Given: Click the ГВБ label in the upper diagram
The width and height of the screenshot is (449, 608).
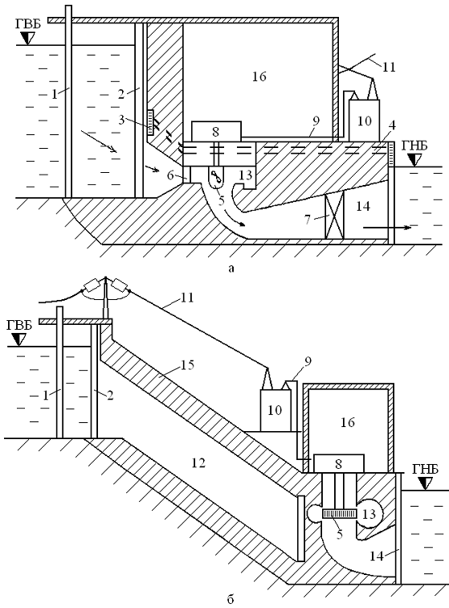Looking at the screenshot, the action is (29, 23).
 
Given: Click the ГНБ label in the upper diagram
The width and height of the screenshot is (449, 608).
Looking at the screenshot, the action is (414, 146).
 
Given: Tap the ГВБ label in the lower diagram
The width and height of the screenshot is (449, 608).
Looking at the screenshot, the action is (19, 325).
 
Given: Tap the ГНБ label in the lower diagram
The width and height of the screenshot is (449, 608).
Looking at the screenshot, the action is (425, 469).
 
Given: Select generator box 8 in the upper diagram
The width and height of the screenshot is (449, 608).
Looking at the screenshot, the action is (216, 131).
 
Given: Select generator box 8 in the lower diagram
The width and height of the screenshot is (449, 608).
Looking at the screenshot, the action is (339, 463).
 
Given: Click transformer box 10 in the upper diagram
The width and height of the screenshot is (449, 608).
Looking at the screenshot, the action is (364, 121).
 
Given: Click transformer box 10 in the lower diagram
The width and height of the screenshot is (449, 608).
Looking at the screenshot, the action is (275, 410).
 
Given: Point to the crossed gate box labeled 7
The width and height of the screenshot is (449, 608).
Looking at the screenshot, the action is (334, 217).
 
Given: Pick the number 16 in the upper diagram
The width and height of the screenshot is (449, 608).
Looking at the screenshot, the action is (259, 76).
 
